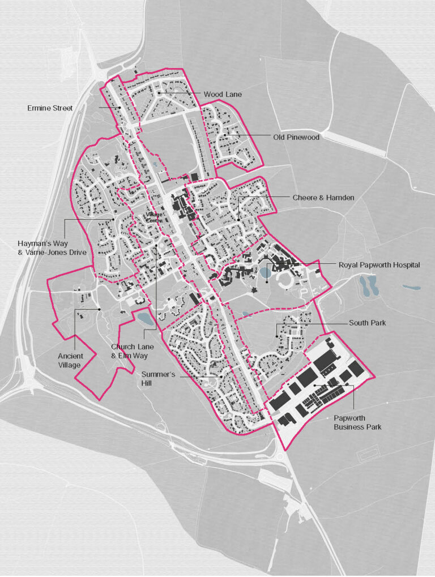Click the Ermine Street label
coord(50,108)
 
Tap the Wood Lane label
coord(223,94)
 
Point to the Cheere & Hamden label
coord(323,197)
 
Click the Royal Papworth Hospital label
coord(379,264)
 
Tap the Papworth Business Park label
coord(357,422)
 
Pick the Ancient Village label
coord(70,360)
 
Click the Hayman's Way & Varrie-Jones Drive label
coord(52,247)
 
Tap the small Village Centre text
coord(153,218)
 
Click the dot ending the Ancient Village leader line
coord(99,309)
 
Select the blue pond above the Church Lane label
coord(146,319)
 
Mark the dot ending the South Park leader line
coord(277,337)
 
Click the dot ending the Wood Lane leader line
coord(159,93)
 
